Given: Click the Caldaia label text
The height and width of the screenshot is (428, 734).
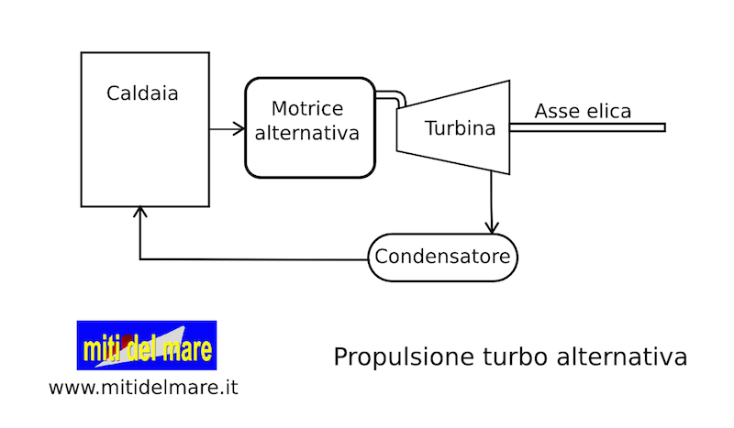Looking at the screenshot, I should [142, 93].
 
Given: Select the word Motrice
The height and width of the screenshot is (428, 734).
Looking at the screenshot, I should [307, 107].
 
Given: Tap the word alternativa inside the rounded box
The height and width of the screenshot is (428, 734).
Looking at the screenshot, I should [307, 133].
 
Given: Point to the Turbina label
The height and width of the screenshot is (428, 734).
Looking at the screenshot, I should [460, 128].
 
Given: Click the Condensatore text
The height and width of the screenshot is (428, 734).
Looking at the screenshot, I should [442, 257].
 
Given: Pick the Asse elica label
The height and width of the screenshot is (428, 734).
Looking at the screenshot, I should [583, 112].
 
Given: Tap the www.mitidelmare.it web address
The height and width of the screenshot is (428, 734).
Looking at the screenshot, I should [143, 388].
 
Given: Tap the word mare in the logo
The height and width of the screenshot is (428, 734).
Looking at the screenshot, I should [190, 349].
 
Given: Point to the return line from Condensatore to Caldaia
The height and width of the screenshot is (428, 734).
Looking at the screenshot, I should [257, 259].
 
